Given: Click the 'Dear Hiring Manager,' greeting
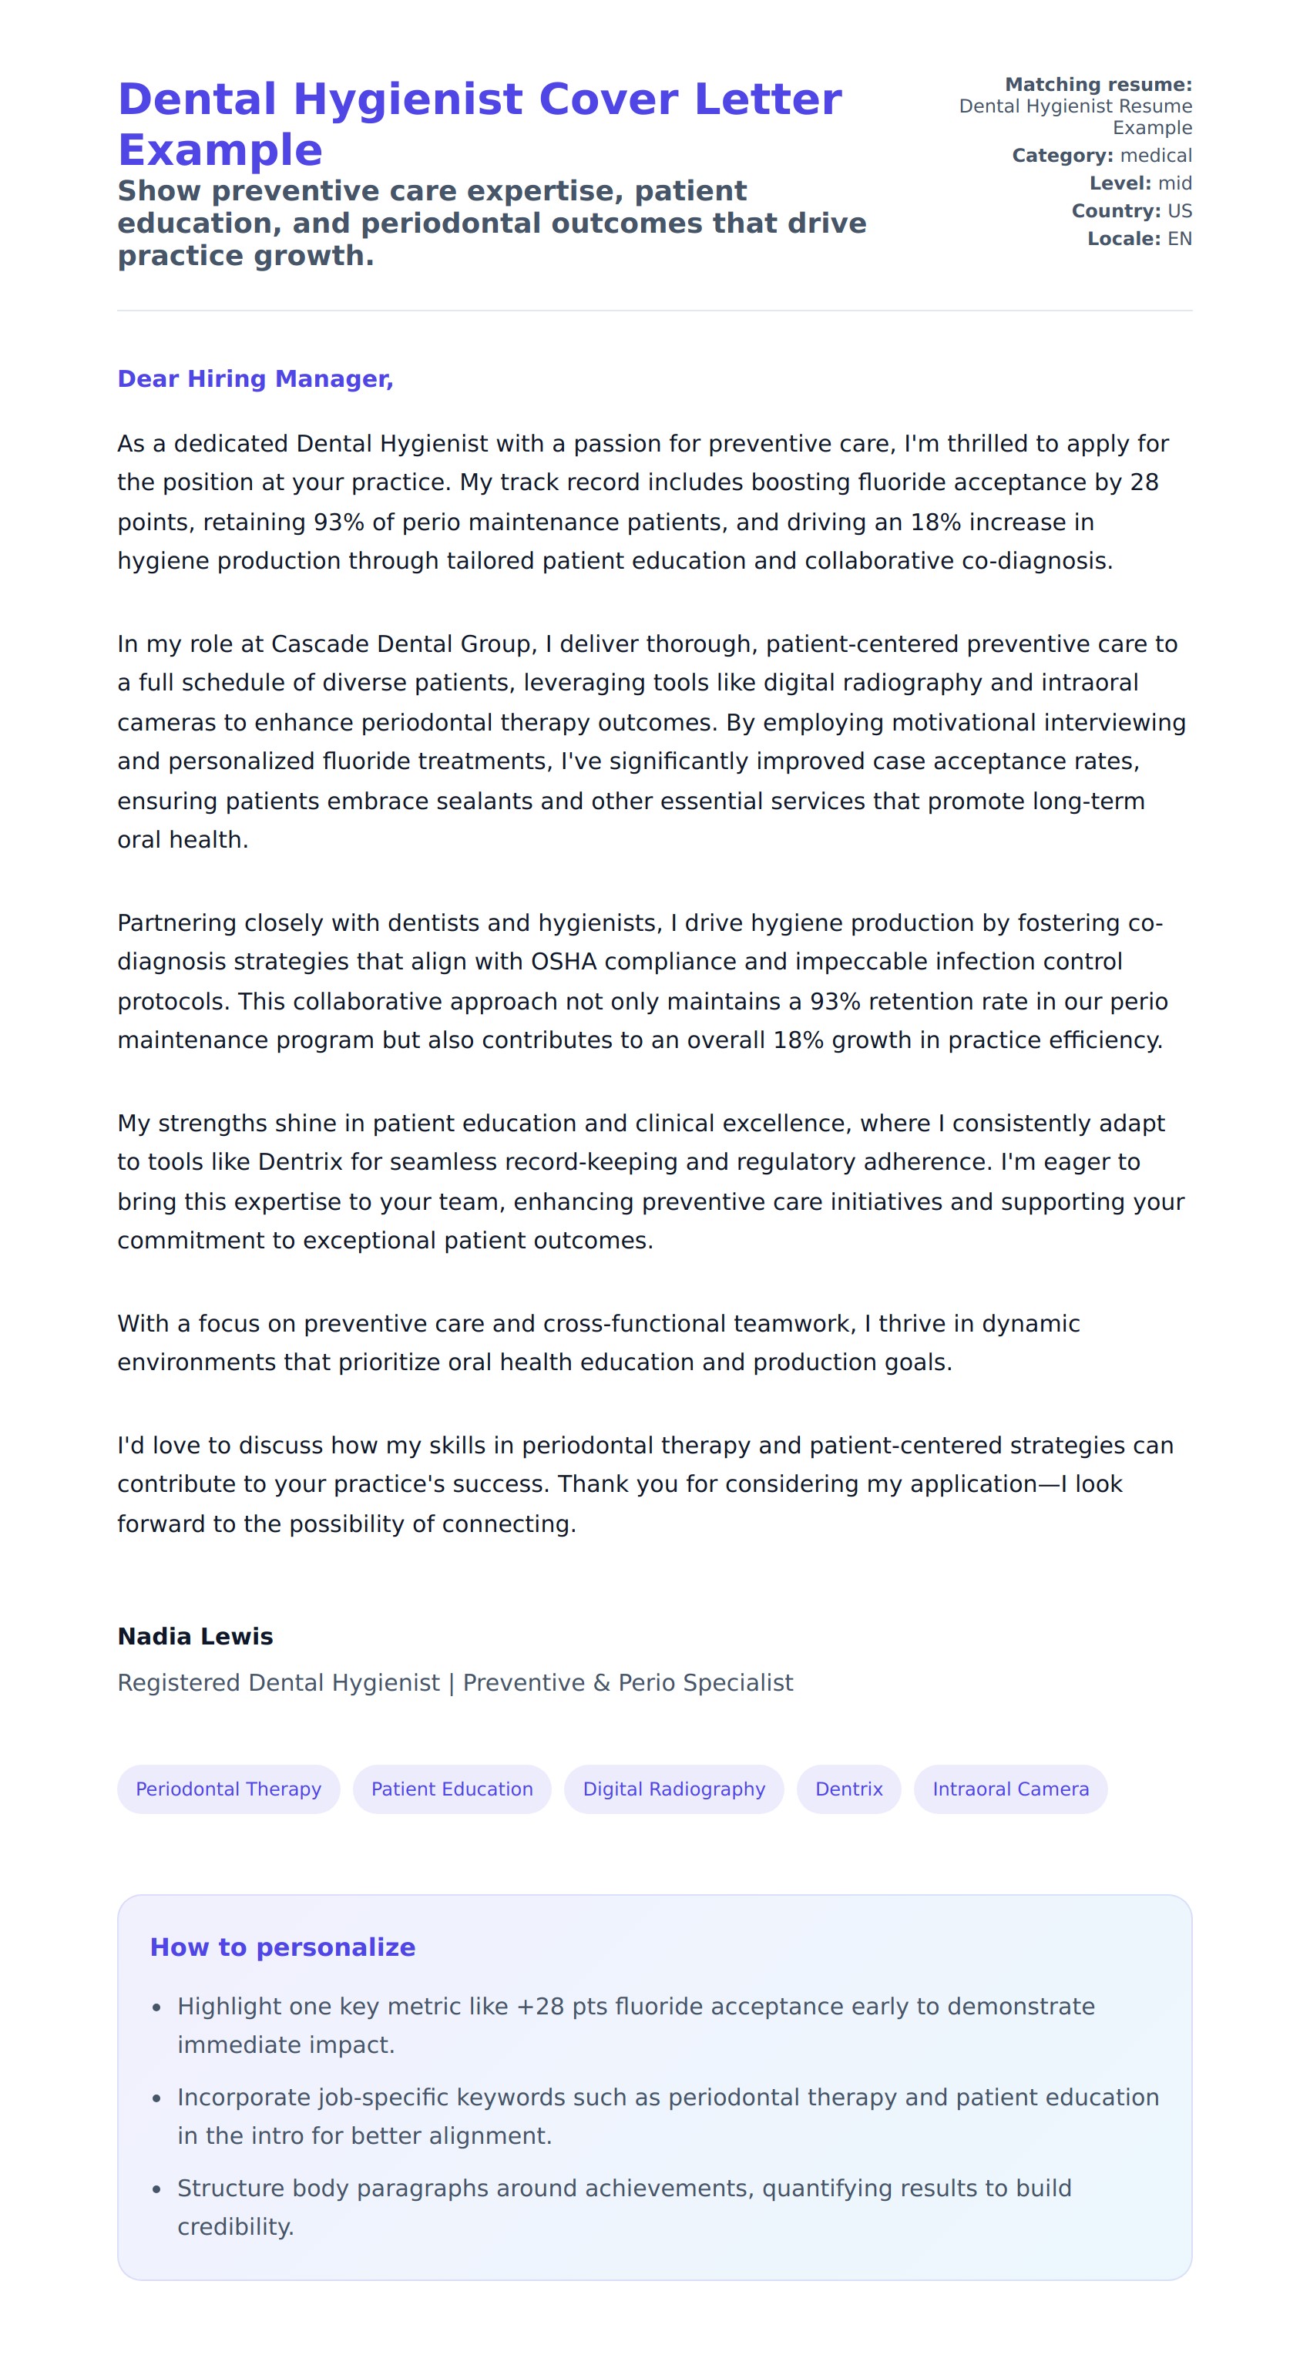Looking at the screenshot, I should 255,378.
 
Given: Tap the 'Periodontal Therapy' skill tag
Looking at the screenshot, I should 229,1789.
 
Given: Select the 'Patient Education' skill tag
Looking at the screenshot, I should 452,1789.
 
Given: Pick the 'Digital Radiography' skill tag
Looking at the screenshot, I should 673,1789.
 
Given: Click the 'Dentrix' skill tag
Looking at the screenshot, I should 848,1789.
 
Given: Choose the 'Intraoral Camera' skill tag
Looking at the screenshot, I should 1010,1789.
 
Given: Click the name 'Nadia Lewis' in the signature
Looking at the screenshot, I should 196,1637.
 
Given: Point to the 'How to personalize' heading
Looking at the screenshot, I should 283,1947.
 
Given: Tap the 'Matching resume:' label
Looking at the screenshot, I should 1098,84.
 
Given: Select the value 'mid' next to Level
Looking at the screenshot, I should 1174,183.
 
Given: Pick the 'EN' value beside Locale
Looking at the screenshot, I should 1179,239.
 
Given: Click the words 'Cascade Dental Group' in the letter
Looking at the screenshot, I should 401,643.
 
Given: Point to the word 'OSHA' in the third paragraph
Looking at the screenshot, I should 564,962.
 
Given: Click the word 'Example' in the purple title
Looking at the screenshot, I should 220,150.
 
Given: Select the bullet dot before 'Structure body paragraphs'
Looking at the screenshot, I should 156,2189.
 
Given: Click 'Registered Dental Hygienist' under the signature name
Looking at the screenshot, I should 279,1683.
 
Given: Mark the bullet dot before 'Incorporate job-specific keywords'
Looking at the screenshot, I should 156,2099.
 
